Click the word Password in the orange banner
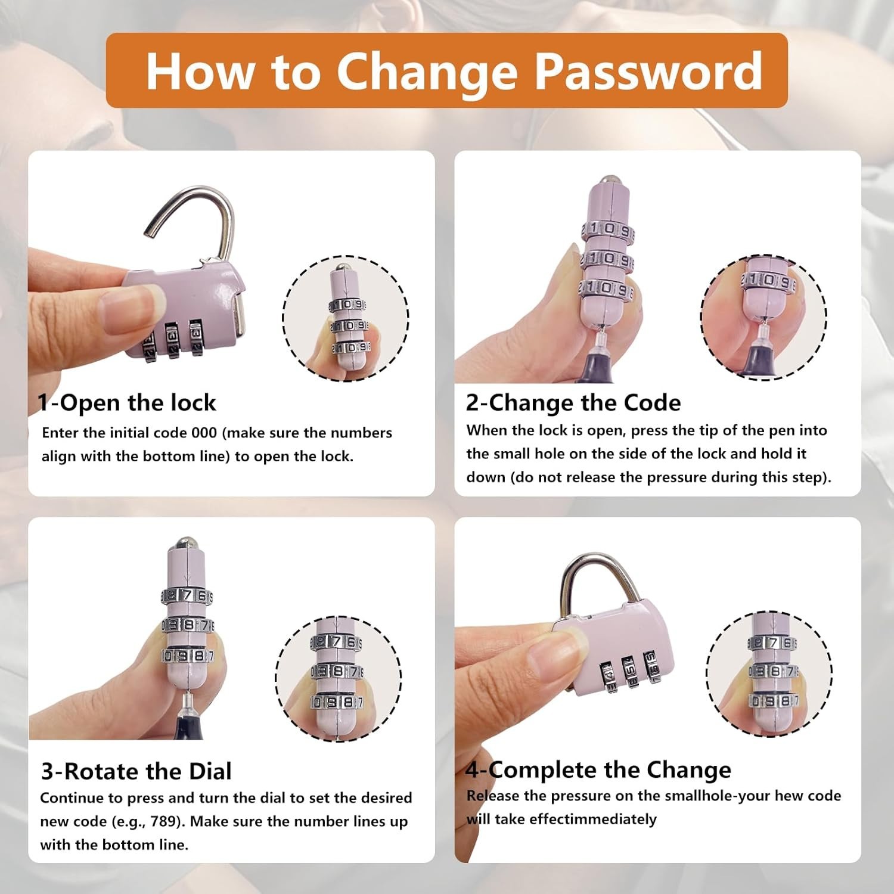pyautogui.click(x=648, y=71)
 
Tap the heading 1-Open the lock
pyautogui.click(x=127, y=403)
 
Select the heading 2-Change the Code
pyautogui.click(x=573, y=403)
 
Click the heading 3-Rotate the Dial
pyautogui.click(x=136, y=771)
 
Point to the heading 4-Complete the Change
pyautogui.click(x=598, y=770)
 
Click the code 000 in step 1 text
pyautogui.click(x=204, y=433)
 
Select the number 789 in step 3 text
pyautogui.click(x=163, y=822)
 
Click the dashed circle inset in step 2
pyautogui.click(x=763, y=318)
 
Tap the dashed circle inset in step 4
pyautogui.click(x=769, y=674)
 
